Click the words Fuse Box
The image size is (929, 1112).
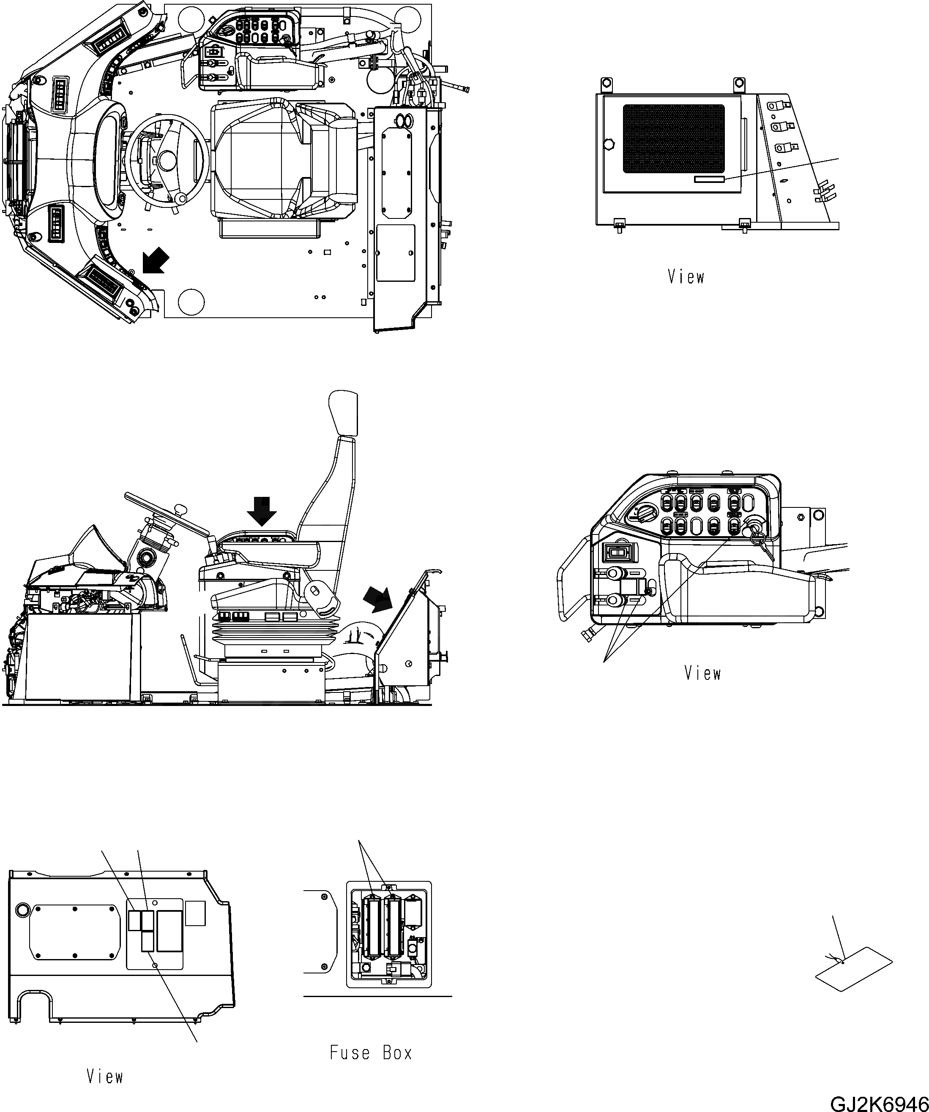[371, 1053]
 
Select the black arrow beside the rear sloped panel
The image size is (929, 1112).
[377, 599]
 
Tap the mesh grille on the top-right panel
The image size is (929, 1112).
[673, 139]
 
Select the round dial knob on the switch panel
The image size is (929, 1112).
[645, 512]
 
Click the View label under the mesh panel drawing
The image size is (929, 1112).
[686, 277]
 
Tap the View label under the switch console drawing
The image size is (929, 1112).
[702, 673]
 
